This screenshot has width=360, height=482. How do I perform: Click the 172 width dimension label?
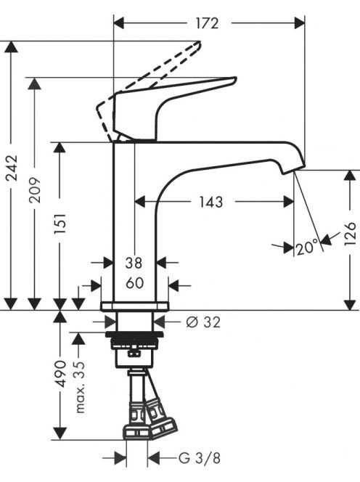207,23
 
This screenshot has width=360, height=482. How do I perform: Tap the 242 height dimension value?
12,168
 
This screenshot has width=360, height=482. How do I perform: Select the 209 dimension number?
35,189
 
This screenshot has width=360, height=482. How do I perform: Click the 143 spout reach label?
211,202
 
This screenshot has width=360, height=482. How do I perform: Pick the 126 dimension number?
350,234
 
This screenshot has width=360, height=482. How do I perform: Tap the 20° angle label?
307,248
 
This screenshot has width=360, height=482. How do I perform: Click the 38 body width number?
134,263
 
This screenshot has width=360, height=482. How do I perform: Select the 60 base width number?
135,283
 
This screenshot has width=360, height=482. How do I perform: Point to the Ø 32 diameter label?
203,322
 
